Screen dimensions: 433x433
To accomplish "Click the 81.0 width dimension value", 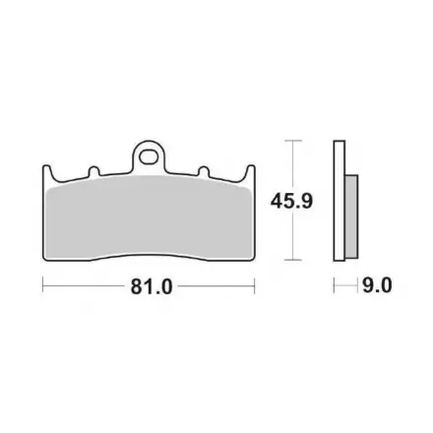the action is (x=152, y=286).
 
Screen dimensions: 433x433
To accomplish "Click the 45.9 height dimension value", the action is (x=291, y=201).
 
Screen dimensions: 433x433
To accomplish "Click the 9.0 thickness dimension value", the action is (x=377, y=285).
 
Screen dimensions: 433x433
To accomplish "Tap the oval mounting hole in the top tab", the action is (x=148, y=156).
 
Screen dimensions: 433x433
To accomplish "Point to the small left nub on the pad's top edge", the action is (x=94, y=171).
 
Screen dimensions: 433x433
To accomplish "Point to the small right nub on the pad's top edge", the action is (x=204, y=171).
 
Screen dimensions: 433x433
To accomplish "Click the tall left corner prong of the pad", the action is (x=47, y=172).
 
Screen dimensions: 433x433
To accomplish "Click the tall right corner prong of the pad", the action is (x=251, y=172).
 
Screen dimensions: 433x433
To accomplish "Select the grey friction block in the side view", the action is (x=351, y=216).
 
